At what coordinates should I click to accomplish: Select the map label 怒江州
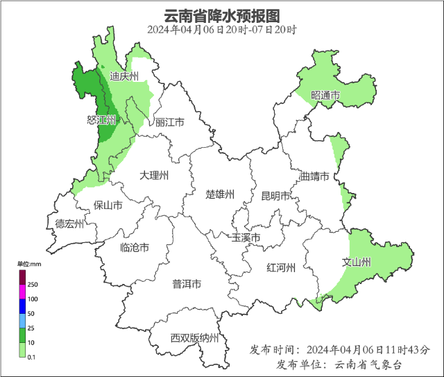tap(101, 121)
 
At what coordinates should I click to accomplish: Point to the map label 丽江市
tap(169, 122)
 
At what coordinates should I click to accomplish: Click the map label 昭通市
tap(325, 95)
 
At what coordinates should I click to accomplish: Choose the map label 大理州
tap(153, 176)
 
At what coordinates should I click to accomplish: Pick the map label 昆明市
tap(275, 196)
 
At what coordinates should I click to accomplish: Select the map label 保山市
tap(108, 206)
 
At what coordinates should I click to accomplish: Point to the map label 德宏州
tap(69, 224)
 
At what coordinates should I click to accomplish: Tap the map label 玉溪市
tap(246, 238)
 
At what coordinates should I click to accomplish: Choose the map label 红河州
tap(282, 268)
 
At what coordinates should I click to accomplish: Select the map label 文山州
tap(357, 262)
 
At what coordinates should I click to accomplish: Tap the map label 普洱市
tap(187, 284)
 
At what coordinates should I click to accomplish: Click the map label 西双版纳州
tap(195, 338)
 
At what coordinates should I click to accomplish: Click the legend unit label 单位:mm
tap(30, 265)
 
